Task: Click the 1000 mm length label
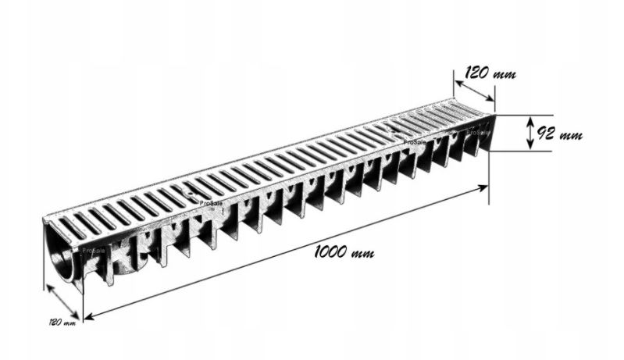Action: point(344,252)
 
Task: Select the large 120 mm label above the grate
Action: point(490,74)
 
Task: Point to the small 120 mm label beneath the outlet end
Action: point(62,321)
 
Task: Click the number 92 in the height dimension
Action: point(546,134)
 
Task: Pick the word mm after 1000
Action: point(361,254)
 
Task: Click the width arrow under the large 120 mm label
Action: point(474,88)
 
